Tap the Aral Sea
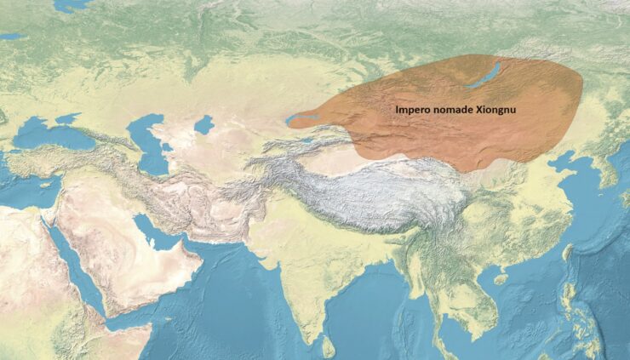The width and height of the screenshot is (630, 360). click(203, 126)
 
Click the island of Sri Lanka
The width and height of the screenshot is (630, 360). click(328, 346)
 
